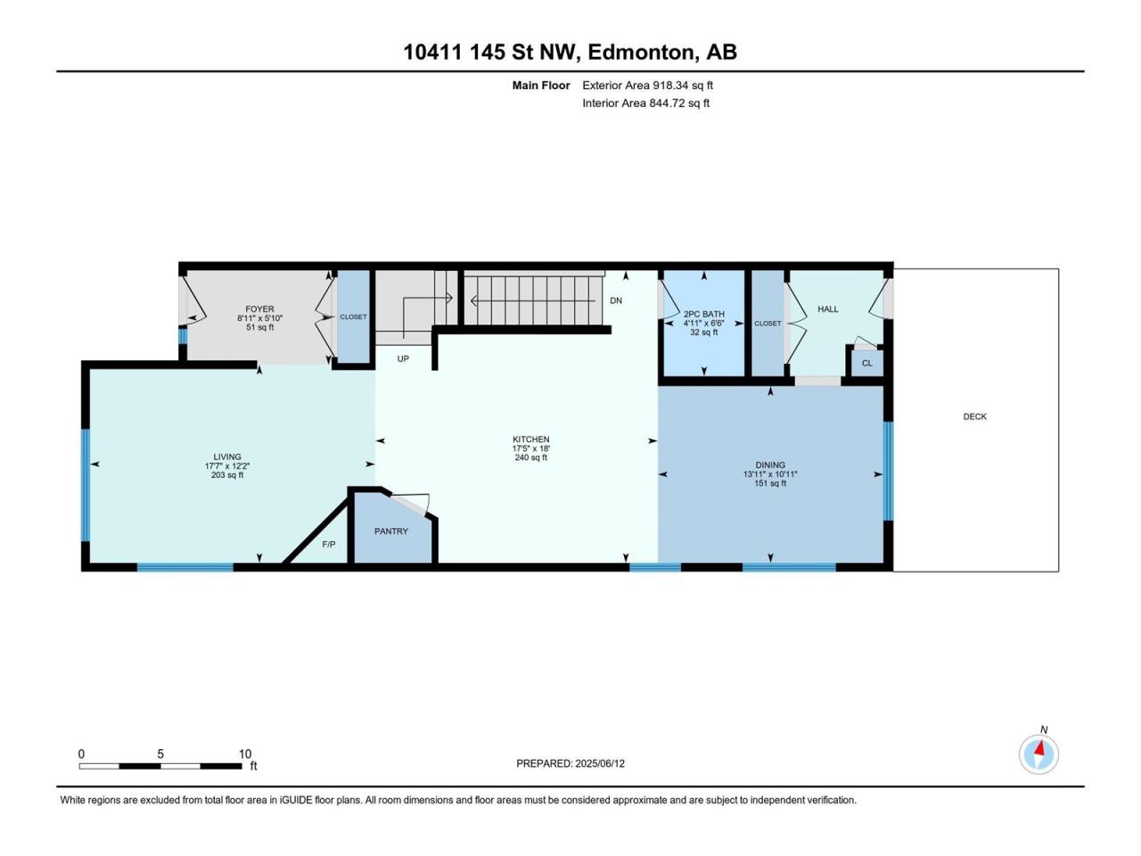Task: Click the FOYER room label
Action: coord(259,309)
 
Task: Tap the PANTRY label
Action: coord(391,531)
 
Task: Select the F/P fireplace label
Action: coord(329,544)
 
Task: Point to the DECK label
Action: coord(974,416)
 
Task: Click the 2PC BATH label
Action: coord(704,314)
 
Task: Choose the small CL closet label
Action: coord(867,363)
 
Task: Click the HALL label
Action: coord(828,309)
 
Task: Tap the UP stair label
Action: coord(403,358)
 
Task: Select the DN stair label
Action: coord(616,300)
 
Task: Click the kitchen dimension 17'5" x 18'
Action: coord(530,448)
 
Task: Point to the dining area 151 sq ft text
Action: coord(770,483)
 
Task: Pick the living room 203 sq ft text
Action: coord(227,475)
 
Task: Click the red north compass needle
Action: coord(1039,748)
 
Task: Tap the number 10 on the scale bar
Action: coord(245,753)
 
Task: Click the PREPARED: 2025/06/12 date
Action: coord(570,763)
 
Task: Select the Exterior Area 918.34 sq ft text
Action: coord(648,86)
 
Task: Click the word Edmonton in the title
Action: coord(643,52)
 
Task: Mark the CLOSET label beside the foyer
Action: coord(354,317)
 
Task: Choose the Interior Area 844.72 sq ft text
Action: coord(645,103)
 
